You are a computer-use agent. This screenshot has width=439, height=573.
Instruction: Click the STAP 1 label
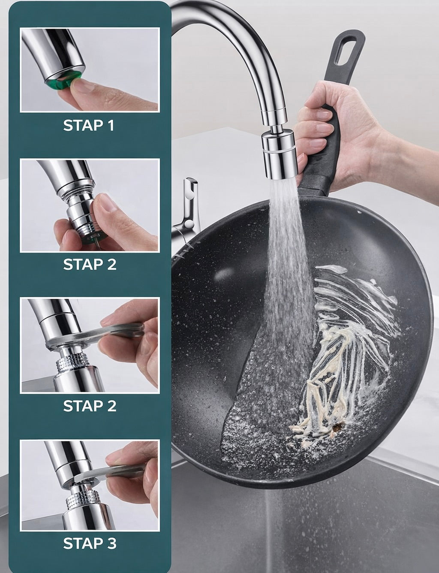pos(89,125)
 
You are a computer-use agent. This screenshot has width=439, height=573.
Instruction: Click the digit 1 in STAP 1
pos(111,125)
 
